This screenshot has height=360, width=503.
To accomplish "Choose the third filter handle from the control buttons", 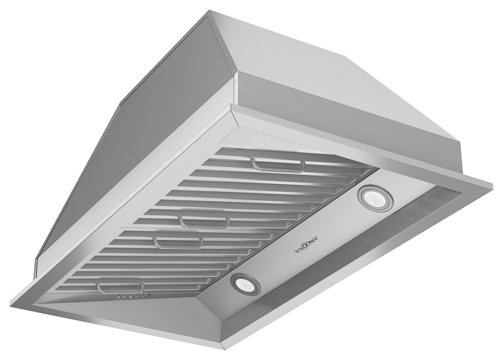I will (x=203, y=222).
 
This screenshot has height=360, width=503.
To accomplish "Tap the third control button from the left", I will (x=130, y=297).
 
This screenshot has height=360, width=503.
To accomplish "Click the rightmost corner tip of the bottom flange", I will (x=492, y=182).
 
